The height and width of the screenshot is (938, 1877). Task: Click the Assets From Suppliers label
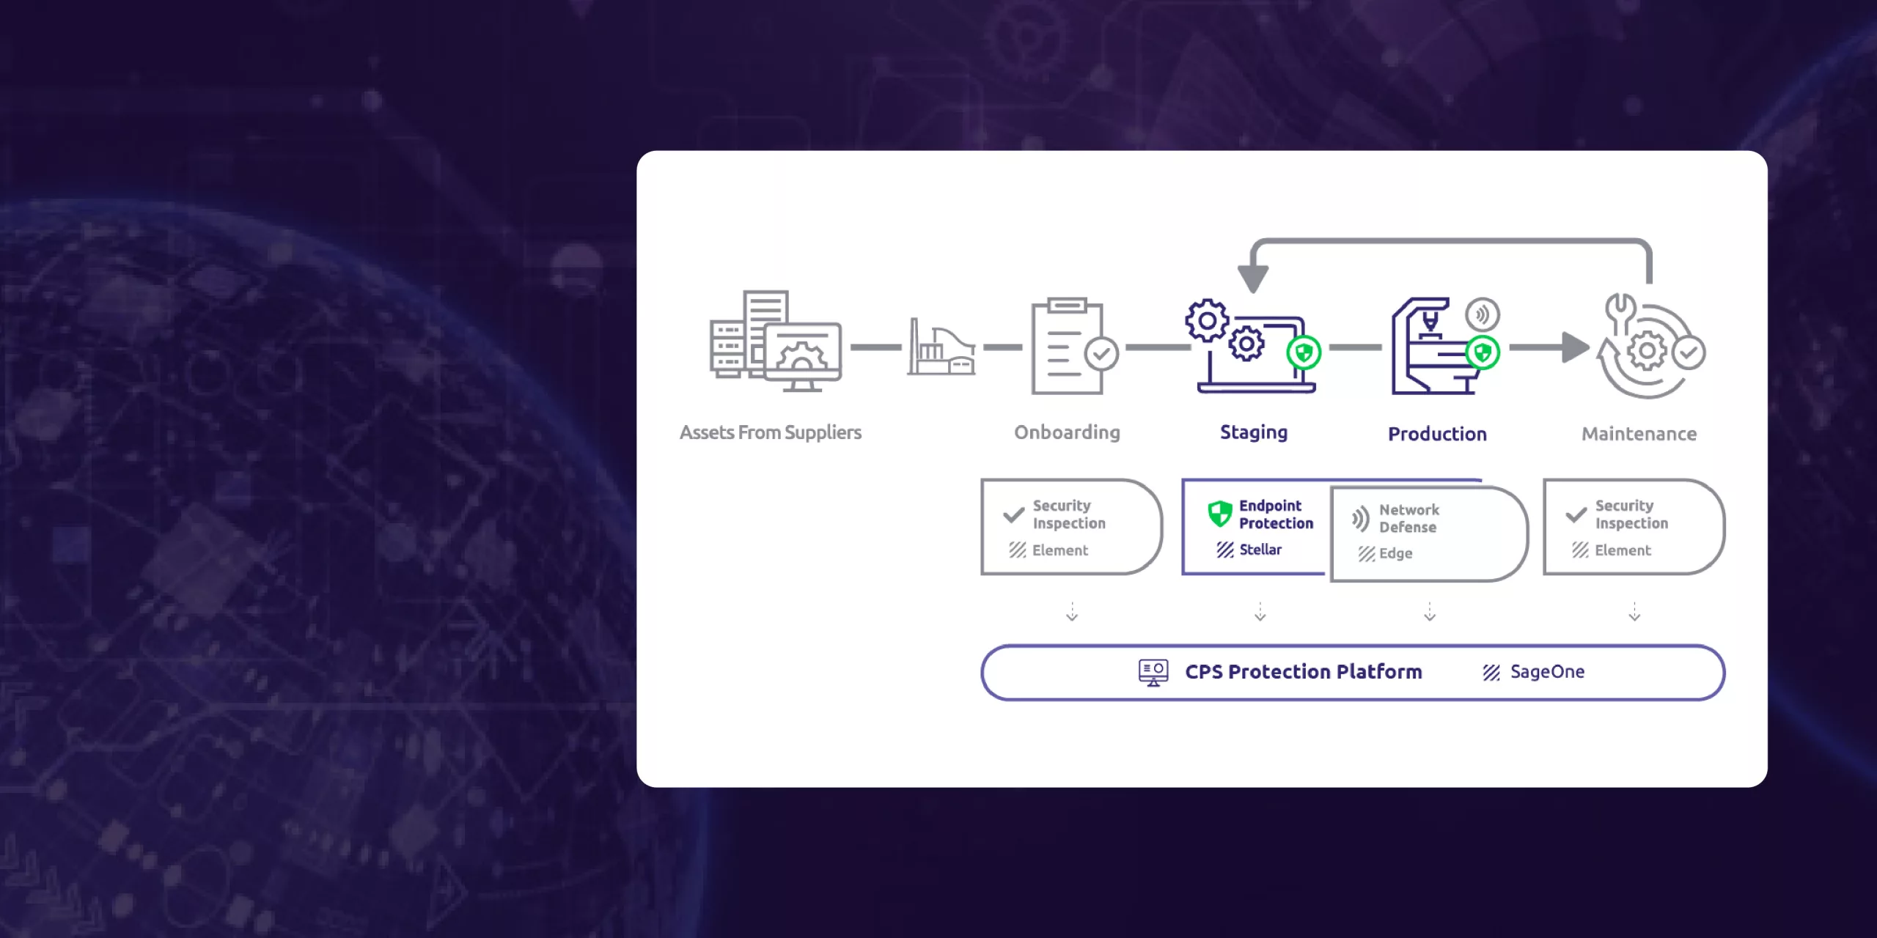770,432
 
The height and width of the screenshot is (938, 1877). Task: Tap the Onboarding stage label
1067,432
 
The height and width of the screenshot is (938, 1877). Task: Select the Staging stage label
1253,432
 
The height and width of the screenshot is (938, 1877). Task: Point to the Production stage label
1437,434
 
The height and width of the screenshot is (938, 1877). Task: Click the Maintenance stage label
1639,434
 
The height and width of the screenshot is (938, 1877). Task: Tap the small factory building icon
941,348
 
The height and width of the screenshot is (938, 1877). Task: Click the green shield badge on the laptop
1304,353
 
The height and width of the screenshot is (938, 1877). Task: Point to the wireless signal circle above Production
1483,315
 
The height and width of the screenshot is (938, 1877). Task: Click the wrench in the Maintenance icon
1620,311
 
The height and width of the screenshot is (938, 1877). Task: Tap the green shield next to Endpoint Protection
1220,514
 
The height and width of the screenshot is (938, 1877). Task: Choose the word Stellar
1260,550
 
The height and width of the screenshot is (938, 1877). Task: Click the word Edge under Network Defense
1395,553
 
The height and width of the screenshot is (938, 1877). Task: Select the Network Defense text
1408,518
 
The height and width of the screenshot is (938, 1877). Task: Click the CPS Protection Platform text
1303,672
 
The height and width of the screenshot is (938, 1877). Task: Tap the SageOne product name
1547,672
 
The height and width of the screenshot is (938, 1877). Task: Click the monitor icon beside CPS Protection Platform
1153,672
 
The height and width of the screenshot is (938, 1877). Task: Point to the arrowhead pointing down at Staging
1253,278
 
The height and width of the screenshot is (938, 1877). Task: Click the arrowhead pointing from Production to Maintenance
1574,347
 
